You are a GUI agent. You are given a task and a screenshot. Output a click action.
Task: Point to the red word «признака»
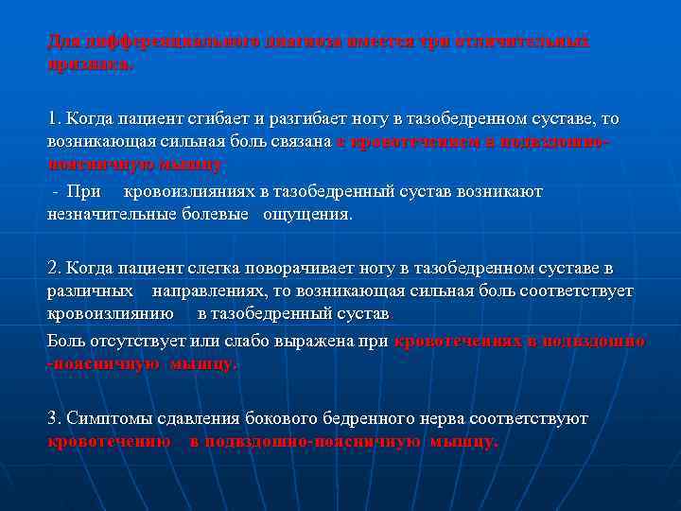[x=90, y=65]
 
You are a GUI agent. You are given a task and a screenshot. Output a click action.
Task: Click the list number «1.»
[x=54, y=118]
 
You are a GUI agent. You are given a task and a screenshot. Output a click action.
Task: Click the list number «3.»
[x=55, y=417]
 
